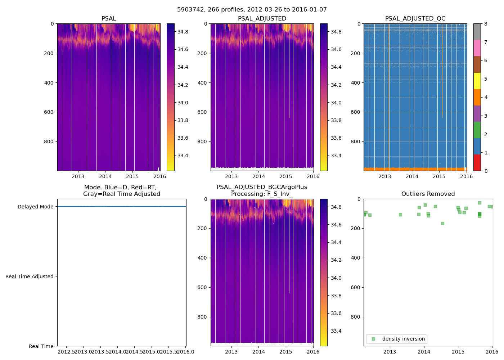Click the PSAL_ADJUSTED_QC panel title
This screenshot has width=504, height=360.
tap(415, 19)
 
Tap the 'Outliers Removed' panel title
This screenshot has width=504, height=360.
tap(428, 194)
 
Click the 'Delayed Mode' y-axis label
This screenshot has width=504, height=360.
tap(35, 207)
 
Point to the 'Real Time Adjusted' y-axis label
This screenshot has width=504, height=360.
tap(29, 276)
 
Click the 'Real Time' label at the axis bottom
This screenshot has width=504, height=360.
tap(41, 346)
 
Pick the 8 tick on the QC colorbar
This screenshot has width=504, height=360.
tap(486, 24)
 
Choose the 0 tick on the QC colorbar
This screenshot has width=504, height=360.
tap(486, 171)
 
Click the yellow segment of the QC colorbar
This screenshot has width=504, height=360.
tap(477, 81)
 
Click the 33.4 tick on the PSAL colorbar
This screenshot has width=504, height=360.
tap(183, 156)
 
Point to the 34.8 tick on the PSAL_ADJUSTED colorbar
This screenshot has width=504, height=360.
tap(336, 32)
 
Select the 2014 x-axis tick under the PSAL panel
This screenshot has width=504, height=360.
tap(105, 176)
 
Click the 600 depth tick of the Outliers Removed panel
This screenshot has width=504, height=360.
tap(356, 287)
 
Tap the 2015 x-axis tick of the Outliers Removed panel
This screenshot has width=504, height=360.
tap(458, 352)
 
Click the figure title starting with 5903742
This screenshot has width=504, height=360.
tap(252, 10)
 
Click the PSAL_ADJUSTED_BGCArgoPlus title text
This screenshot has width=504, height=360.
tap(262, 187)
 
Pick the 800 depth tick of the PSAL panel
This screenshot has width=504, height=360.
tap(49, 141)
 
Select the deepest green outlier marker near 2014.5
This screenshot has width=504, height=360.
tap(442, 223)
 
